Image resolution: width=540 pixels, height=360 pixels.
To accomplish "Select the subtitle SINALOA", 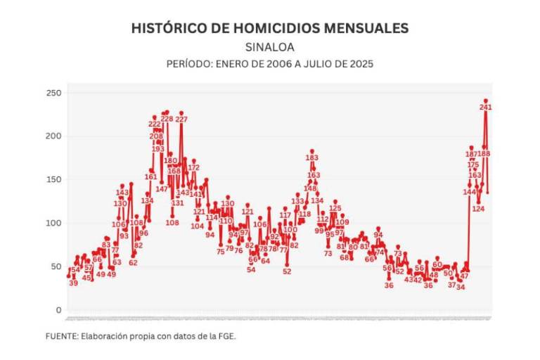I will [x=270, y=47].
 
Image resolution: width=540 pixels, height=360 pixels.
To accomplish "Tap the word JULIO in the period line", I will [x=309, y=63].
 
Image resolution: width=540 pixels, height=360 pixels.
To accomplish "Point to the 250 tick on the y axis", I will [x=54, y=93].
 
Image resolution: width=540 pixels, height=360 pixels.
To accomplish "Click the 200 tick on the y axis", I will [x=54, y=136].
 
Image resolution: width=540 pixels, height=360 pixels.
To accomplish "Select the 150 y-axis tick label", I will [x=54, y=180].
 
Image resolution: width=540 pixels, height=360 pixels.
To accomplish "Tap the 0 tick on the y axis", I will [x=58, y=310].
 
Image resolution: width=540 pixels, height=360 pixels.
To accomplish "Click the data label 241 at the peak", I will [x=485, y=107].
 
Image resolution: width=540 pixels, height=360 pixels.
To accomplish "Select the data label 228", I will [x=167, y=119].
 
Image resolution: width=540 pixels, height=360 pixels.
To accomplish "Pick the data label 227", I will [x=181, y=120].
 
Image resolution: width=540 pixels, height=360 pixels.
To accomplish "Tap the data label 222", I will [x=155, y=124].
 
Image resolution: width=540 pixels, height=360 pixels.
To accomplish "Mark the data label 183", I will [x=312, y=158].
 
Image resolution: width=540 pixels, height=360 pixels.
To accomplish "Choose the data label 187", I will [x=471, y=154].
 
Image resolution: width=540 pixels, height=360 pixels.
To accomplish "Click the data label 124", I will [x=478, y=209].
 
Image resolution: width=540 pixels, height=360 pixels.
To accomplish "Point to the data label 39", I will [x=73, y=283].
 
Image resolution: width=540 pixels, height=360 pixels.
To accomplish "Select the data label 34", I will [x=461, y=287].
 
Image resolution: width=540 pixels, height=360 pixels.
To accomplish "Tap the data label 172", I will [x=193, y=168].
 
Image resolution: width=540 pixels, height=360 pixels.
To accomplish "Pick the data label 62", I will [x=133, y=263].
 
